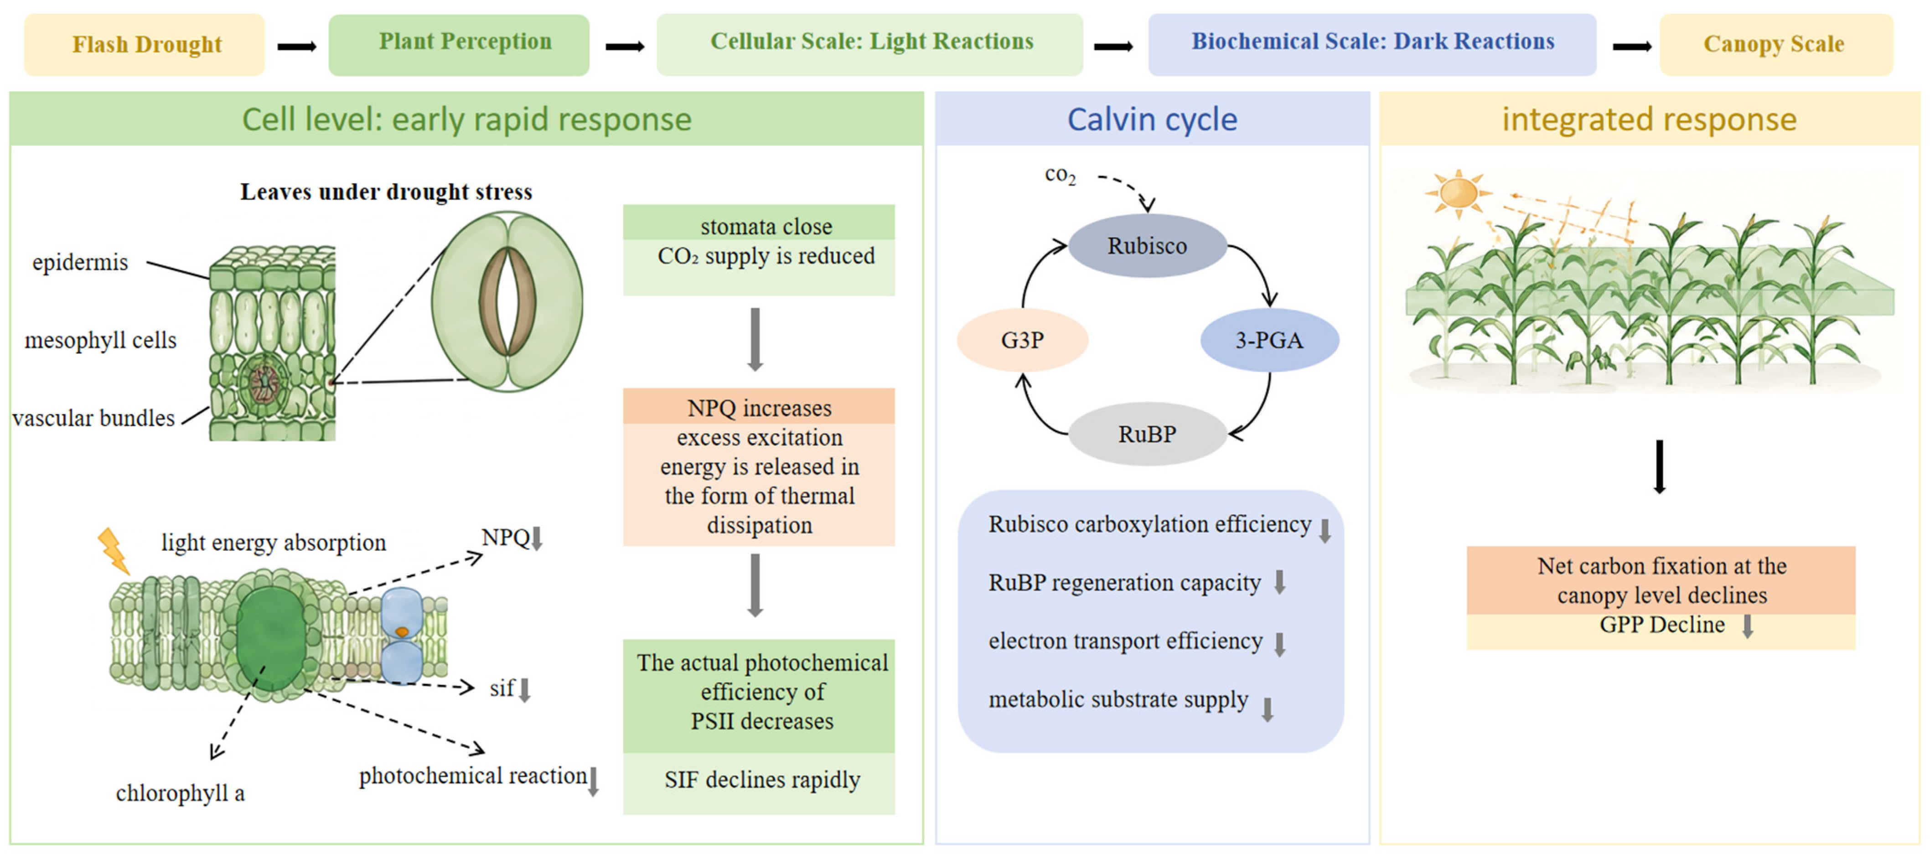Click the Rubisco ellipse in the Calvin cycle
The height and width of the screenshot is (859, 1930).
[1147, 246]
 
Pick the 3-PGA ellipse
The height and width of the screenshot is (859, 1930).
[1269, 340]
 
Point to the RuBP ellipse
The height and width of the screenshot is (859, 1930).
[1147, 435]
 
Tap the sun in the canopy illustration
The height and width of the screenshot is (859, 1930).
[1458, 192]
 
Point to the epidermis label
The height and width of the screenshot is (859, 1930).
[80, 262]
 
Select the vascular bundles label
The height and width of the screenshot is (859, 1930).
[93, 418]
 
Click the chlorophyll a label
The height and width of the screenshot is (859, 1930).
[180, 793]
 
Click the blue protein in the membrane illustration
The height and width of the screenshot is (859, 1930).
[402, 635]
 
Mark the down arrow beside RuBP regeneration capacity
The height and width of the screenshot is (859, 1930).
[1280, 582]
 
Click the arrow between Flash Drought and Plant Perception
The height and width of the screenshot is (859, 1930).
[297, 47]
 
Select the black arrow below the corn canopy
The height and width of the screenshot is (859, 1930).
[1660, 466]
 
